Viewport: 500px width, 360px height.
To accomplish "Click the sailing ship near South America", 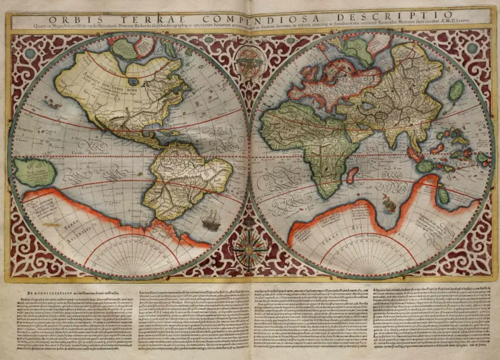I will pos(211,221).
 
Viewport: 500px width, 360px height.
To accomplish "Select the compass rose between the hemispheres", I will pos(249,251).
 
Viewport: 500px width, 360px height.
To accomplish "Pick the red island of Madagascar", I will pos(352,174).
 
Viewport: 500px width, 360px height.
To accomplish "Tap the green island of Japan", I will pos(457,91).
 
